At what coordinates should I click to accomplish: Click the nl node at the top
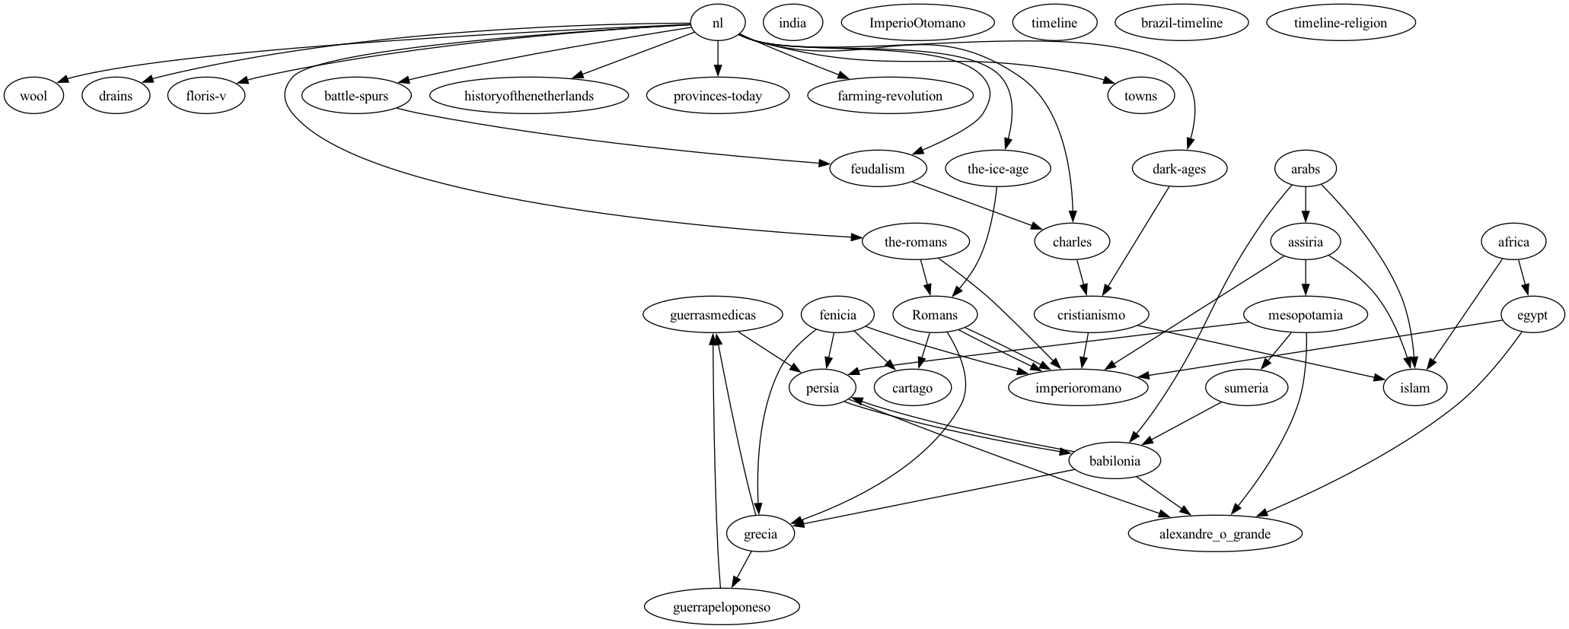click(717, 23)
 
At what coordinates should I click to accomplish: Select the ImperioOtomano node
click(917, 23)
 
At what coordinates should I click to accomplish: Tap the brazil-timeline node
click(1182, 23)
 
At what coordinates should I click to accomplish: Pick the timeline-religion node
click(1340, 23)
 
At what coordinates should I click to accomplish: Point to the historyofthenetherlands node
click(528, 96)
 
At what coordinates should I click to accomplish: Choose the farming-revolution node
click(890, 96)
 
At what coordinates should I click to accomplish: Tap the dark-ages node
click(1178, 169)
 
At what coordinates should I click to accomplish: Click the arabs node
click(1306, 169)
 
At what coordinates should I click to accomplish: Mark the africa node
click(1513, 242)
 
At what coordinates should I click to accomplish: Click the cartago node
click(912, 388)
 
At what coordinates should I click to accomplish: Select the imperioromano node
click(1078, 388)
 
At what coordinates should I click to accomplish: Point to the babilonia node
click(1115, 461)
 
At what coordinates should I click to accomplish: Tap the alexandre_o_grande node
click(1214, 534)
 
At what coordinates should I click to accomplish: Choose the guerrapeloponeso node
click(722, 607)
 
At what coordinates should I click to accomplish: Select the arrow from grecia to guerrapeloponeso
click(741, 570)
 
